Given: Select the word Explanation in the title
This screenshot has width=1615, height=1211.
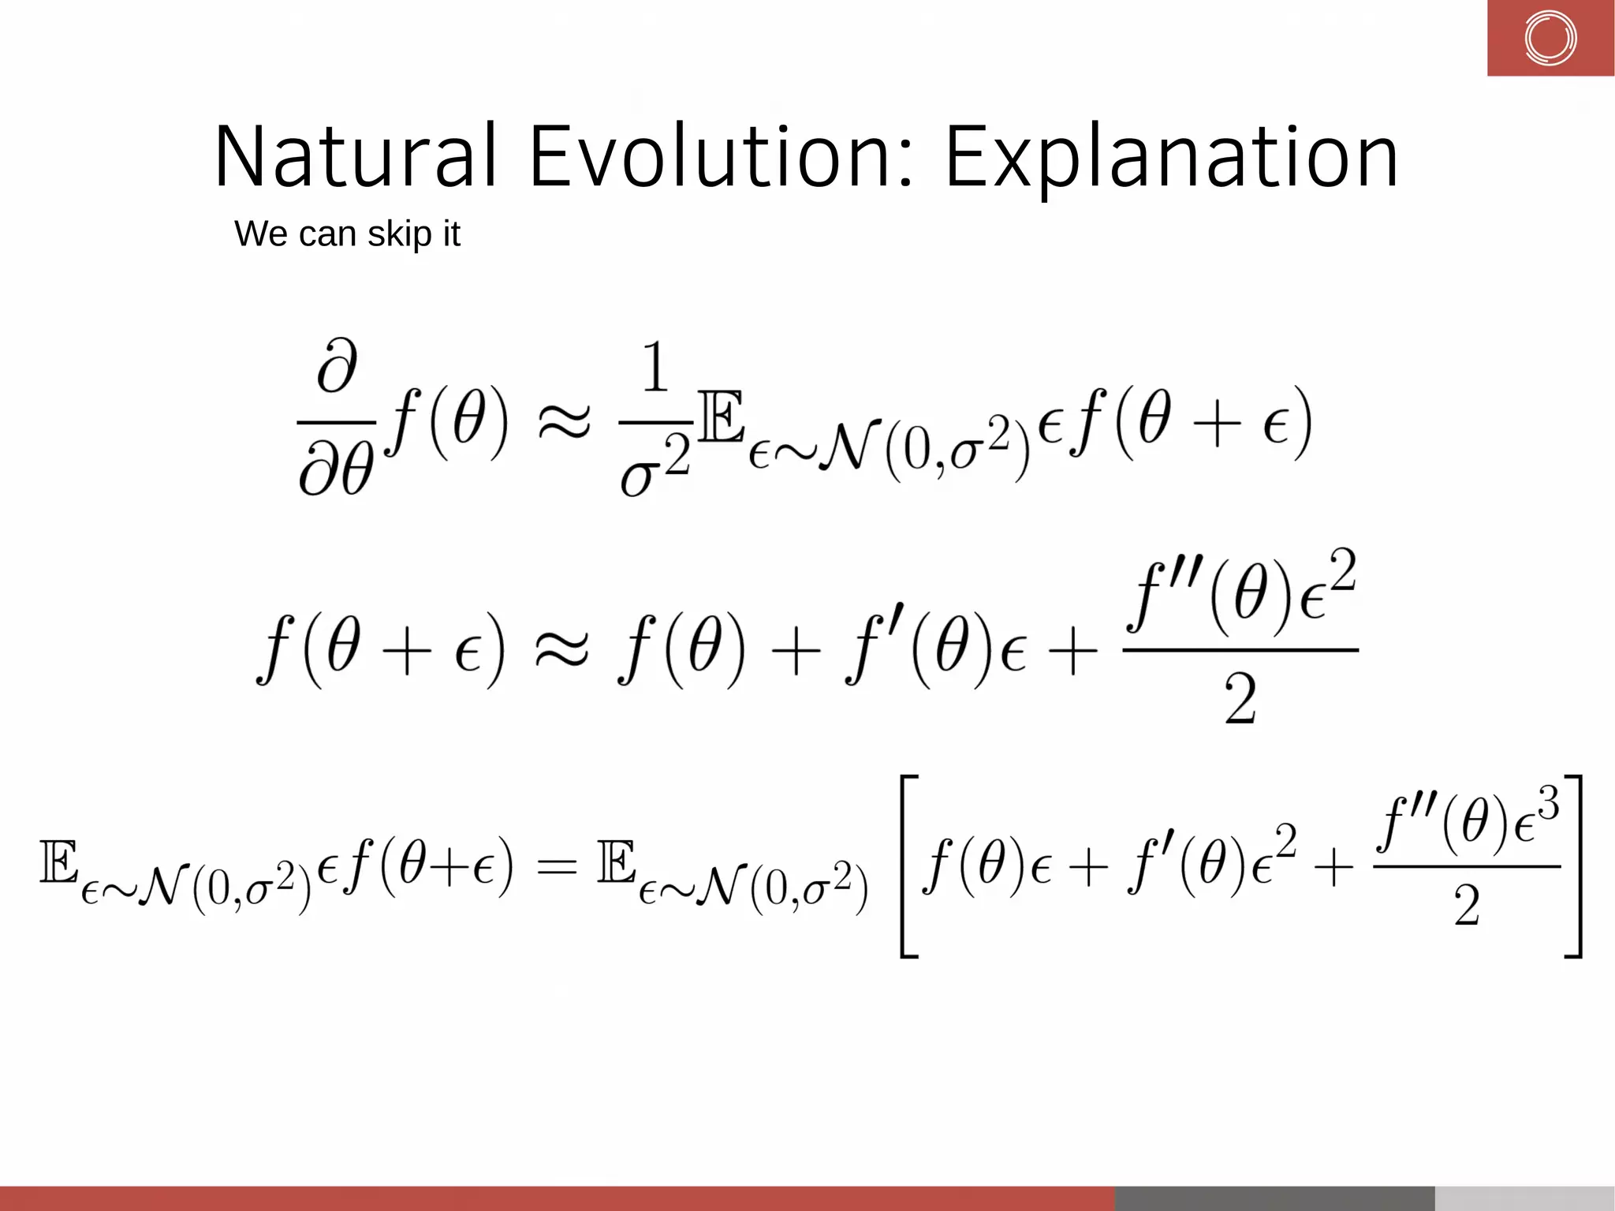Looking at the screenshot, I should tap(1171, 158).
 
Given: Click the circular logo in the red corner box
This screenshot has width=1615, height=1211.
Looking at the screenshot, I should tap(1550, 38).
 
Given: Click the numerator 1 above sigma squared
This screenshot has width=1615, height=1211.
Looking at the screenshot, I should tap(655, 368).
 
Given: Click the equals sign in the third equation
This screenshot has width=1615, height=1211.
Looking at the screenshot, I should tap(556, 866).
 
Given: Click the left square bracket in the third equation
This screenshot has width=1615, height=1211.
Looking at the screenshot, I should tap(909, 866).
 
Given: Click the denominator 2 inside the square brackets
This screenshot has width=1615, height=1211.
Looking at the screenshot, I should tap(1467, 906).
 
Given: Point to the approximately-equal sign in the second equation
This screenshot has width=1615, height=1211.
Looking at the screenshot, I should tap(561, 649).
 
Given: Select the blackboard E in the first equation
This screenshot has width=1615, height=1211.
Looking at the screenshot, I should tap(721, 417).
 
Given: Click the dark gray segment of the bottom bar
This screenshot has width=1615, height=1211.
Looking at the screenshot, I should tap(1274, 1198).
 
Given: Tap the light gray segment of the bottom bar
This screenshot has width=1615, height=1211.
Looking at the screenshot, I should tap(1524, 1198).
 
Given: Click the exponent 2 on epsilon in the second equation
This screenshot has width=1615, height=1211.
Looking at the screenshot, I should tap(1341, 570).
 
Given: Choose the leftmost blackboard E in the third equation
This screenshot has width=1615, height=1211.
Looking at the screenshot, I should tap(59, 862).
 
